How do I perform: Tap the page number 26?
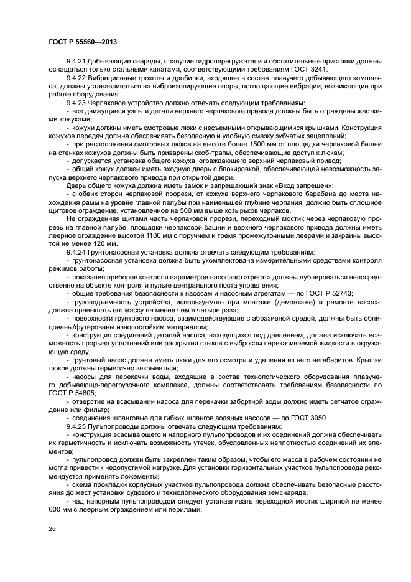click(52, 529)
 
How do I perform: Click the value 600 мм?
click(61, 509)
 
